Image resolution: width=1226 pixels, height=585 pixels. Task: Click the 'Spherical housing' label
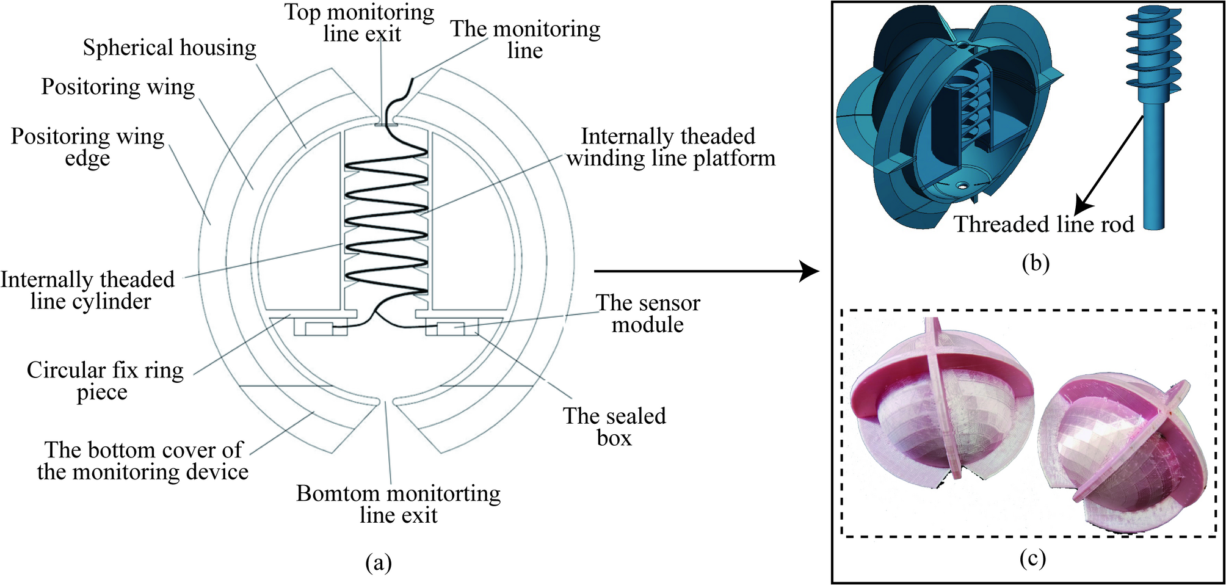point(169,48)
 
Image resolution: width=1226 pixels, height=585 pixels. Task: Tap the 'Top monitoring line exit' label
point(360,23)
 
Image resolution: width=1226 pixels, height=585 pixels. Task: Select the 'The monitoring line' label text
point(525,39)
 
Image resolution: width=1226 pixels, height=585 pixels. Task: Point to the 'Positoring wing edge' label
point(87,147)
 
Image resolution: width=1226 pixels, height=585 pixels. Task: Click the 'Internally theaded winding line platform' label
point(670,147)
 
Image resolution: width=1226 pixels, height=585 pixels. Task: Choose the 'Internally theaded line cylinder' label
point(88,290)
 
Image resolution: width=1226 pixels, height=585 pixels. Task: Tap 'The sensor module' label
point(648,313)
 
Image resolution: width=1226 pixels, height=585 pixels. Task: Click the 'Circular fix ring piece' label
point(104,380)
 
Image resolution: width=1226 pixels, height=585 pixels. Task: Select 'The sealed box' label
point(614,427)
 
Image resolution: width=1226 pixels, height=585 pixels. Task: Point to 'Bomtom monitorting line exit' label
point(398,504)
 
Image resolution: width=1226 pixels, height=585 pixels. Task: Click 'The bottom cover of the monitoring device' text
point(143,461)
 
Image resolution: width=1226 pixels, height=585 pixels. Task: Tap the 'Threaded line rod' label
point(1044,224)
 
